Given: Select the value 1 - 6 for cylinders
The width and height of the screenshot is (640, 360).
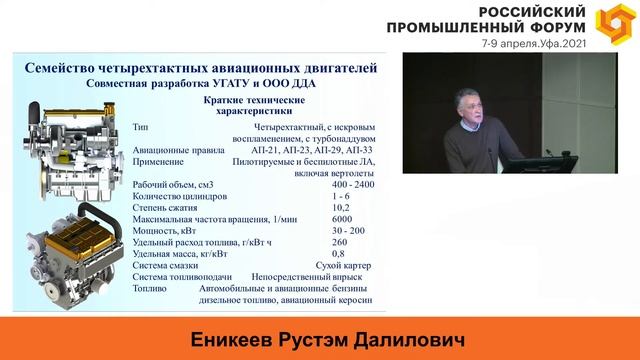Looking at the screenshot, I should click(339, 195).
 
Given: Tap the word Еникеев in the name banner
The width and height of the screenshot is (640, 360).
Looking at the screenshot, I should click(218, 340).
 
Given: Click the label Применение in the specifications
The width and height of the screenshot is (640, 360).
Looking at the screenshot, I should click(158, 160).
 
